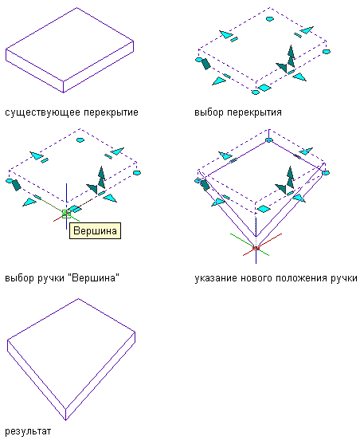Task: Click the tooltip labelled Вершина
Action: (95, 231)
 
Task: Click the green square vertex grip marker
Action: (66, 214)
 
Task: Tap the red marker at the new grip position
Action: (256, 249)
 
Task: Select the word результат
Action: (28, 431)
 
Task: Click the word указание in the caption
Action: (216, 278)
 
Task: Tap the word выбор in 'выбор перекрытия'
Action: (209, 112)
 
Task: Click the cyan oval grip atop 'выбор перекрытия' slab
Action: (270, 19)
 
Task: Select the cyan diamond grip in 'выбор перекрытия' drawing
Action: (264, 88)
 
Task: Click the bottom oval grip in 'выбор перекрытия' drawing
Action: (256, 92)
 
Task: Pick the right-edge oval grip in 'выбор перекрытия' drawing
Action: (327, 52)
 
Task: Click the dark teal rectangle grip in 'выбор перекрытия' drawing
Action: (205, 64)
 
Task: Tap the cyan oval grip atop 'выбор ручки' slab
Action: (80, 139)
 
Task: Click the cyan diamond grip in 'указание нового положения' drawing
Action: (264, 209)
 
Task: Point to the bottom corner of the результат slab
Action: (65, 420)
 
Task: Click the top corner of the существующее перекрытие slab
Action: (76, 8)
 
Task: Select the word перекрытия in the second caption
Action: (255, 112)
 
